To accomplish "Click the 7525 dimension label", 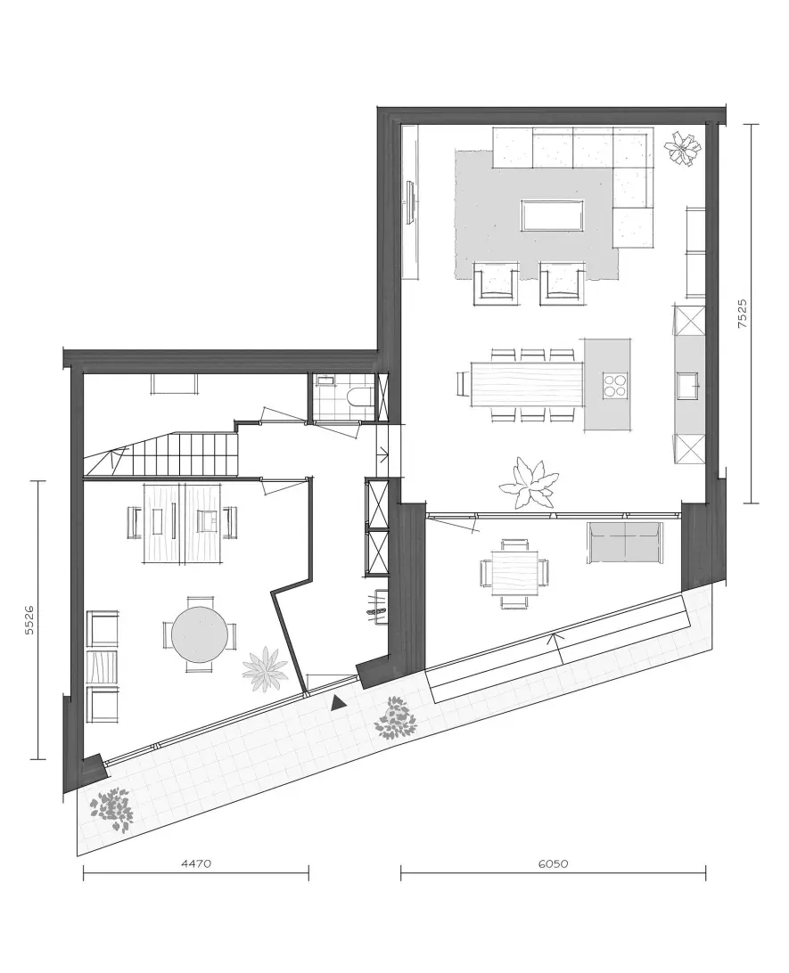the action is click(x=742, y=314).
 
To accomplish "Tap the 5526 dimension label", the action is click(x=29, y=620).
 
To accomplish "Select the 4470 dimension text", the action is click(x=196, y=863).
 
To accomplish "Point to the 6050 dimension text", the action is click(x=553, y=863).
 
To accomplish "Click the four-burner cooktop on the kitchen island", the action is click(x=613, y=383).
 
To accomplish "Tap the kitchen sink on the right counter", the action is click(x=688, y=385).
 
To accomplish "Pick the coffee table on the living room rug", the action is click(x=552, y=216).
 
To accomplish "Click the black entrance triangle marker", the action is click(x=338, y=702).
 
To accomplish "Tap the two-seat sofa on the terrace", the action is click(x=623, y=543).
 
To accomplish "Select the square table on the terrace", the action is click(x=514, y=572).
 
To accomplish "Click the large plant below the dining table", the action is click(x=529, y=484).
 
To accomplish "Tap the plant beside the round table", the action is click(x=265, y=669).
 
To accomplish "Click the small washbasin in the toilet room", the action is click(x=326, y=379).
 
